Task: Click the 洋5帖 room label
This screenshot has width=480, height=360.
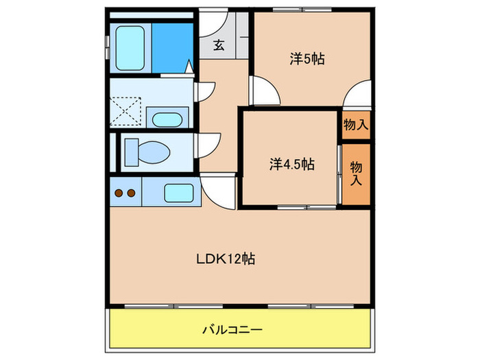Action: (x=307, y=60)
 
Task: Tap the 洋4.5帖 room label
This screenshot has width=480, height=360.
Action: (x=291, y=165)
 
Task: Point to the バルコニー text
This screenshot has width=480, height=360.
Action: (x=232, y=330)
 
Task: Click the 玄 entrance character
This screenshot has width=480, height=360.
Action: (x=218, y=46)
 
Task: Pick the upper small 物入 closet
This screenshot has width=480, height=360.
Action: (x=356, y=125)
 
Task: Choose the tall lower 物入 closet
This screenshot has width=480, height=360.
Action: (x=356, y=173)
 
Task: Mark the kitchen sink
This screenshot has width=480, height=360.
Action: (x=179, y=193)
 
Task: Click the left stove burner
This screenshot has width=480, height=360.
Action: (x=118, y=193)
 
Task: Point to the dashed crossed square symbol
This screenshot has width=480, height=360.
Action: (x=127, y=112)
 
